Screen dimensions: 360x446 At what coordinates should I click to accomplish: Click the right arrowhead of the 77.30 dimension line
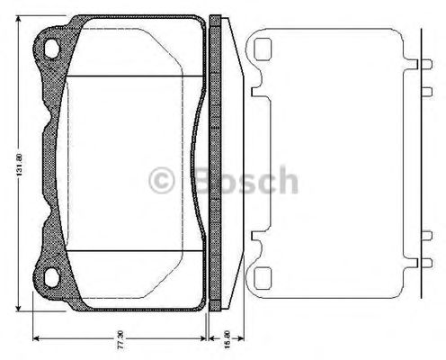click(x=202, y=339)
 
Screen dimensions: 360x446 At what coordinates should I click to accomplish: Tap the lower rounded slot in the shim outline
click(x=263, y=274)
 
